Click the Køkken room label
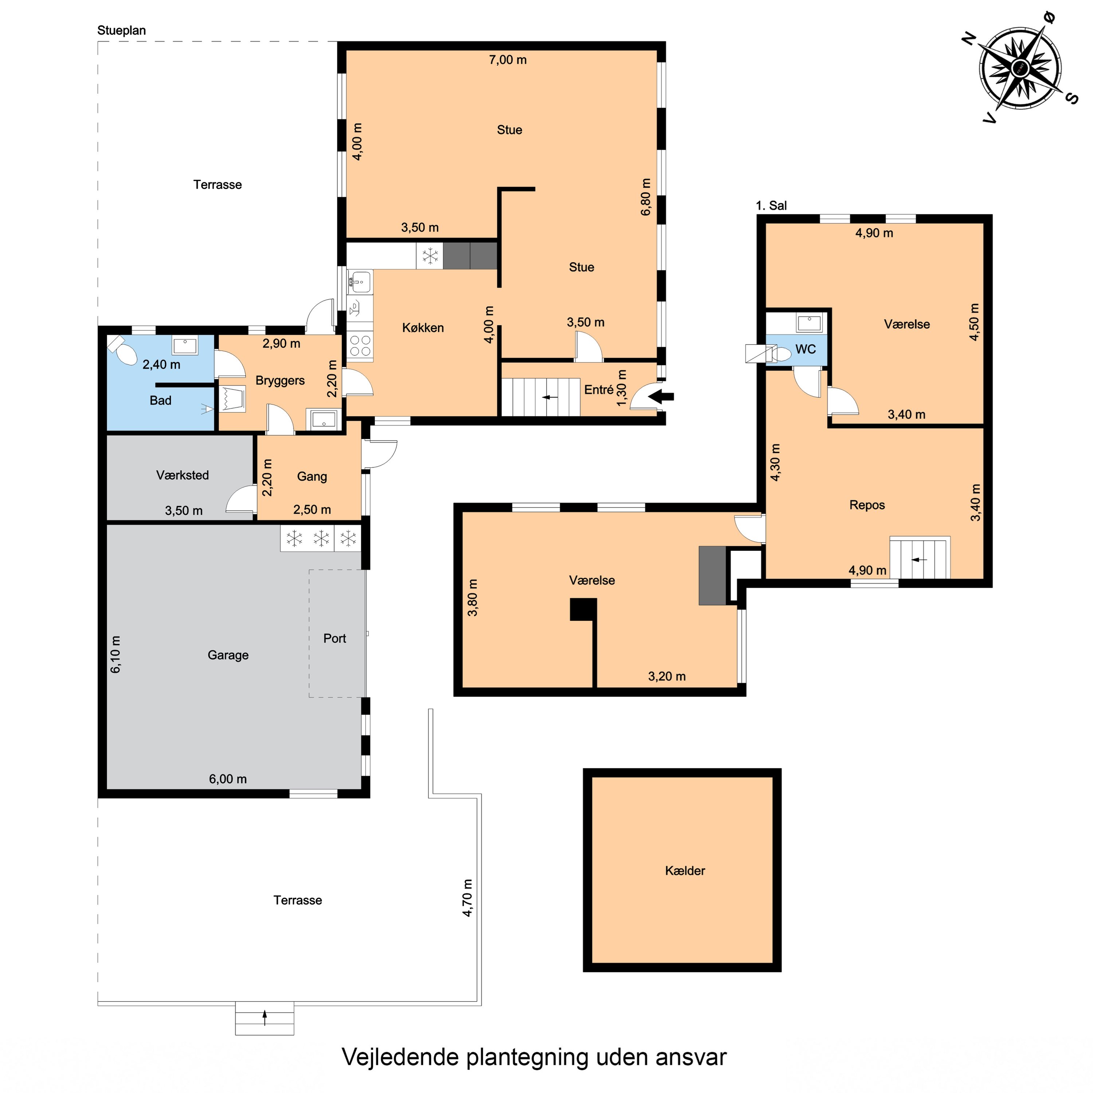point(423,328)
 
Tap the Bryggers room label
point(280,380)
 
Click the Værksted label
point(182,475)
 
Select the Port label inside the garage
point(334,638)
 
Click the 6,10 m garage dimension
point(115,655)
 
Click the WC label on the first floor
point(805,349)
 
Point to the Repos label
point(867,505)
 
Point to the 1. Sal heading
point(771,206)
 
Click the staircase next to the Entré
point(540,397)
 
